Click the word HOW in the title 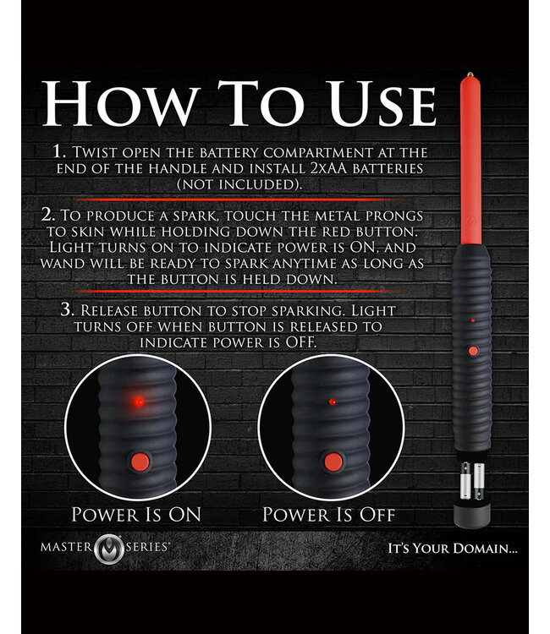click(x=121, y=102)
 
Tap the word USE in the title click(x=382, y=102)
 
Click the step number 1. click(x=59, y=151)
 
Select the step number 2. click(x=47, y=215)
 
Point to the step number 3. click(x=67, y=309)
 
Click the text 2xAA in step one click(x=328, y=168)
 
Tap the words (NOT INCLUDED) click(x=239, y=184)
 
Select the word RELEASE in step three click(x=109, y=310)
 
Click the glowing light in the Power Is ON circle click(x=139, y=402)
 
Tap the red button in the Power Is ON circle click(x=140, y=462)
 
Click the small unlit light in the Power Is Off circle click(x=333, y=402)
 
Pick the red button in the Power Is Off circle click(x=333, y=462)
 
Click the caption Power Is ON click(x=136, y=514)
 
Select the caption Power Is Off click(x=328, y=514)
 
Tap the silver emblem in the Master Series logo click(x=108, y=549)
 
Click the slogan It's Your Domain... click(x=453, y=549)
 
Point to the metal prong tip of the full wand click(x=470, y=74)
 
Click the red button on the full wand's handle click(x=473, y=351)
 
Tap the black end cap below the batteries click(x=472, y=514)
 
